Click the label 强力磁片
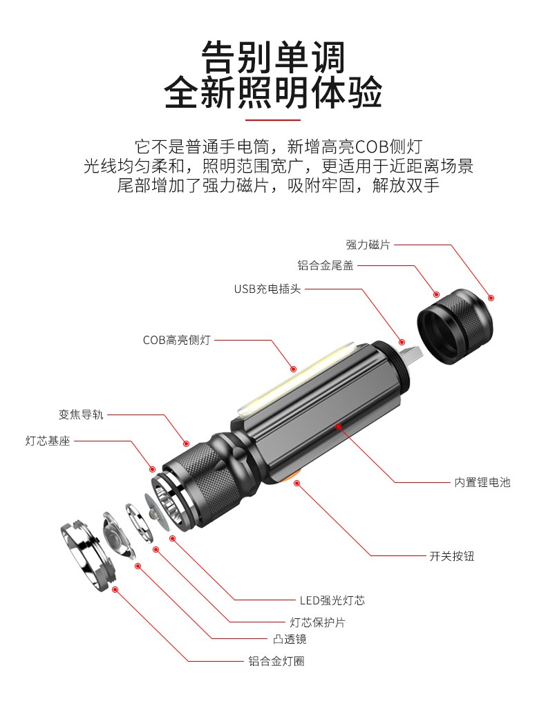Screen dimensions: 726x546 click(x=368, y=245)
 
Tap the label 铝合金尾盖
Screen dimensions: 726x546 click(x=326, y=266)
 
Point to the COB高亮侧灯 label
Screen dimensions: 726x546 click(x=176, y=340)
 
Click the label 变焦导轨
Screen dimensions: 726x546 click(x=81, y=415)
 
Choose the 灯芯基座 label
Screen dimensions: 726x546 click(x=48, y=441)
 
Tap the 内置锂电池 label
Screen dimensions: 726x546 click(x=482, y=482)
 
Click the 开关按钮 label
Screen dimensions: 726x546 click(x=452, y=555)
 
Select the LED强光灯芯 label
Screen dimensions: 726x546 click(x=332, y=600)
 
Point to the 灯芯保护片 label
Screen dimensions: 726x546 click(x=318, y=622)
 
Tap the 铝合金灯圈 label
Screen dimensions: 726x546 click(x=276, y=661)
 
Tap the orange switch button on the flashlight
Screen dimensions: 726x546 click(x=292, y=478)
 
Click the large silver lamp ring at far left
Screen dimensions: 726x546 click(x=88, y=553)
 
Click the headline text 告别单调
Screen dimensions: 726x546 click(x=273, y=57)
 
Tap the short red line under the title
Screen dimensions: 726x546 click(x=273, y=120)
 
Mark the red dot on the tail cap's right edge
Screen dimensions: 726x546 click(x=491, y=298)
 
